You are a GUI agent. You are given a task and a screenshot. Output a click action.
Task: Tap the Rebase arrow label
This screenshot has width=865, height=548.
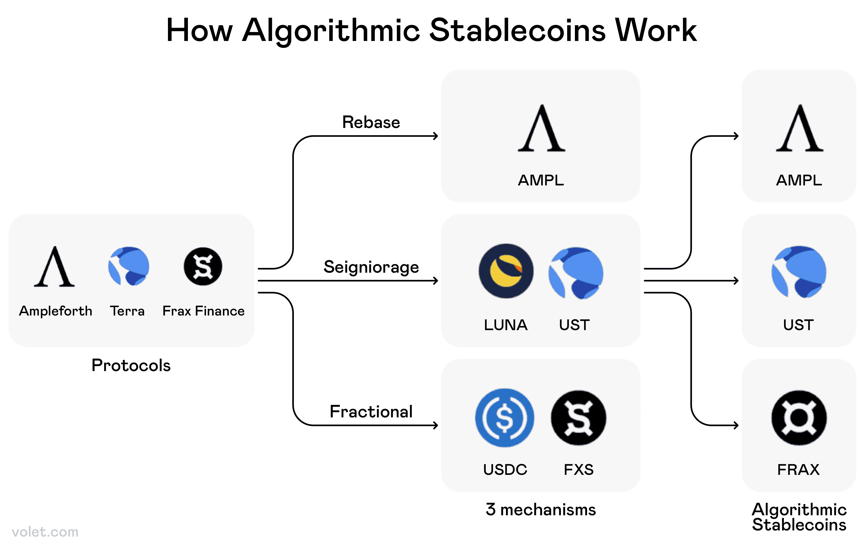[371, 122]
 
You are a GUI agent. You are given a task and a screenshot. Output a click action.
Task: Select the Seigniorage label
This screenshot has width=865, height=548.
[371, 267]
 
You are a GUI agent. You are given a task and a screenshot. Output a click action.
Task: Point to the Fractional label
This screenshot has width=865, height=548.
[371, 412]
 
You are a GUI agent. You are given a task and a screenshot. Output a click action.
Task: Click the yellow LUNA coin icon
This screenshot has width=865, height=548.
[506, 271]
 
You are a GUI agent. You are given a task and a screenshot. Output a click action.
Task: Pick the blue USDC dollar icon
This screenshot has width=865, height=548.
[504, 418]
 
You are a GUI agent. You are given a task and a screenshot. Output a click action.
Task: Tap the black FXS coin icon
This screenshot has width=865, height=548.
[578, 418]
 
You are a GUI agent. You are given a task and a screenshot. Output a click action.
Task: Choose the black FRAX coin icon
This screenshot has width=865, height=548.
[799, 418]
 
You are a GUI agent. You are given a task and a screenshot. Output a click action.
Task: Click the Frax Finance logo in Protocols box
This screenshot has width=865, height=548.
[203, 267]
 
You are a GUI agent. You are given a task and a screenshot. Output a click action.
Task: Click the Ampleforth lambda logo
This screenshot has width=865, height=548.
[54, 267]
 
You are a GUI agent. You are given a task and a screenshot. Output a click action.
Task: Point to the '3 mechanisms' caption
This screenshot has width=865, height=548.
[541, 510]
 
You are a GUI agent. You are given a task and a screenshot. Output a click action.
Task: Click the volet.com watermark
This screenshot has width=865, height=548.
[45, 532]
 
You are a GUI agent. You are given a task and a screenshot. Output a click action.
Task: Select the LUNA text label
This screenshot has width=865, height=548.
[505, 325]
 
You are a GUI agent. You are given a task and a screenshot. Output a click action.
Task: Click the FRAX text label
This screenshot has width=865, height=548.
[798, 470]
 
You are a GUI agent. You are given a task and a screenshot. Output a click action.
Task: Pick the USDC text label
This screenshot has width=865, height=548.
[505, 470]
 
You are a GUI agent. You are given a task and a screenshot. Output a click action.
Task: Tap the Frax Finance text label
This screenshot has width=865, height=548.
[203, 311]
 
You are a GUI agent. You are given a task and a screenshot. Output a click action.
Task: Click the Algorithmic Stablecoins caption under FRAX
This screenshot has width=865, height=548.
[799, 517]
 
